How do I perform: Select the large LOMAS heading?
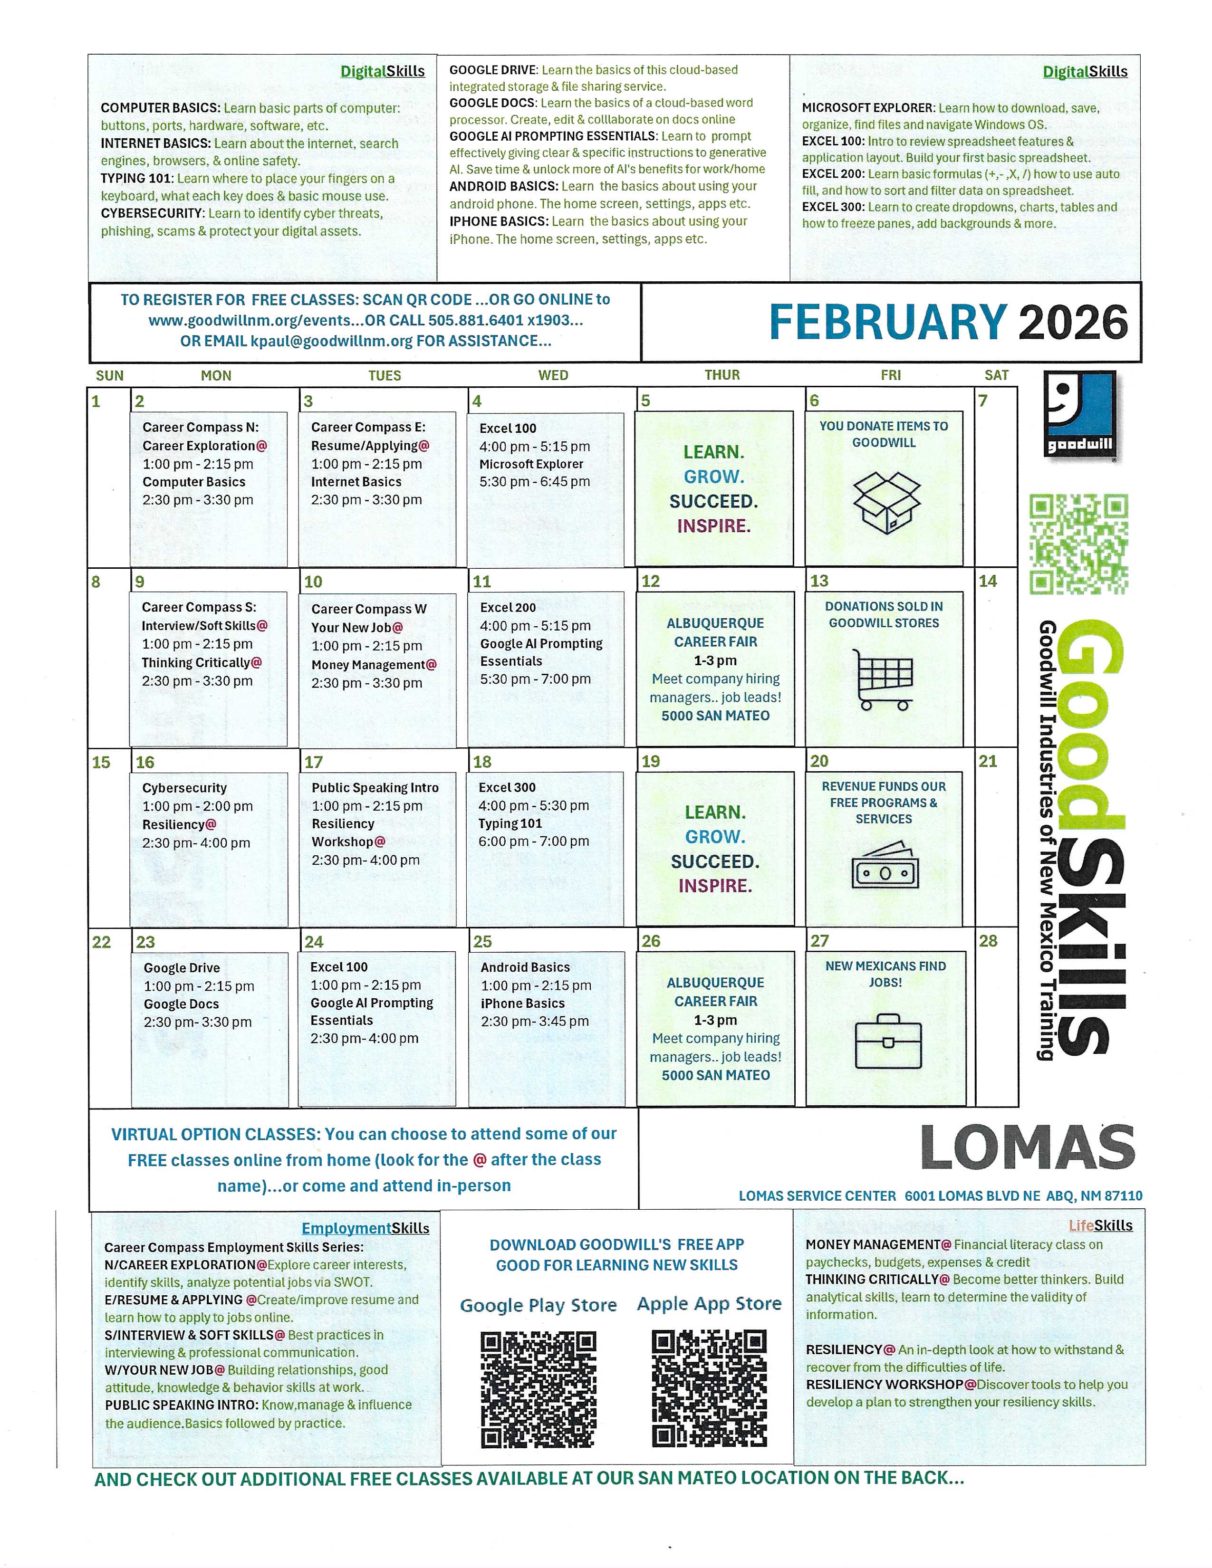coord(1028,1148)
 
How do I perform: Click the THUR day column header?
coord(721,375)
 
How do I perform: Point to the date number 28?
coord(988,941)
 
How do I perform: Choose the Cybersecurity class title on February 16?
coord(184,788)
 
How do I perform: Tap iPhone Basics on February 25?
coord(523,1003)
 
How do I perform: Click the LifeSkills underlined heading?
coord(1100,1225)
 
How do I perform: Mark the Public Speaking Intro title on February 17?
coord(375,788)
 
